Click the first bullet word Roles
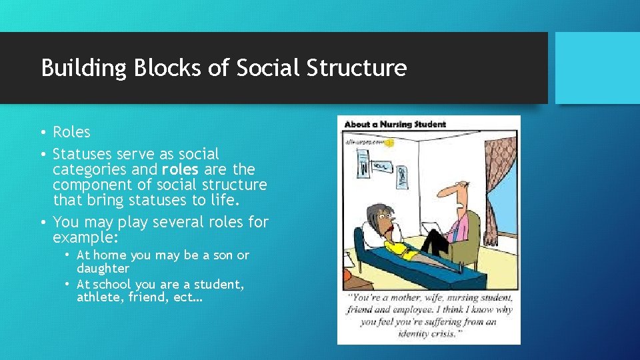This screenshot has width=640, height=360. tap(71, 132)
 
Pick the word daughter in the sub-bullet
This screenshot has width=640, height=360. tap(103, 268)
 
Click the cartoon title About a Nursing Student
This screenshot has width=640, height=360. tap(395, 124)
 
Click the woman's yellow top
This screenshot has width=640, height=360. tap(399, 247)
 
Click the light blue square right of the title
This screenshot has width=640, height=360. tap(597, 68)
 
